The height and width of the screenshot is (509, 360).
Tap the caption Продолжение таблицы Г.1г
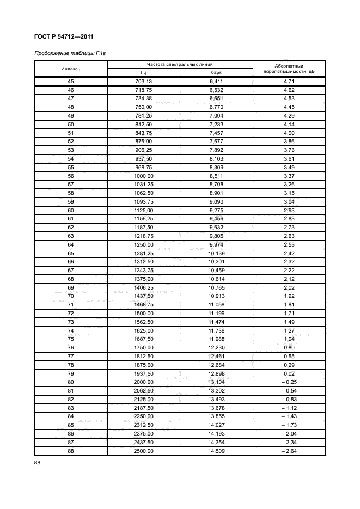tap(69, 53)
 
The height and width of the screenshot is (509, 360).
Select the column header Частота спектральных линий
tap(180, 64)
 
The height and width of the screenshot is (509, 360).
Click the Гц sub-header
tap(143, 72)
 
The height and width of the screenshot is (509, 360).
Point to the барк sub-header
tap(216, 72)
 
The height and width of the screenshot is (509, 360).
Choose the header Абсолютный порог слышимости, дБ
tap(289, 68)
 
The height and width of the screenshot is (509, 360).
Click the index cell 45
tap(70, 82)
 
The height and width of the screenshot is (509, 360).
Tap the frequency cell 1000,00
tap(143, 176)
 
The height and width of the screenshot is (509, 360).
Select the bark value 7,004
tap(216, 116)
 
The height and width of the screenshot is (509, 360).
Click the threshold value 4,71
tap(289, 82)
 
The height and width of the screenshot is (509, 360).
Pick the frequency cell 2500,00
tap(143, 451)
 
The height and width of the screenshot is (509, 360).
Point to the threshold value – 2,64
tap(289, 451)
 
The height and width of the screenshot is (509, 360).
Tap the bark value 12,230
tap(216, 348)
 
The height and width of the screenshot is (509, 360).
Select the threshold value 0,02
tap(289, 374)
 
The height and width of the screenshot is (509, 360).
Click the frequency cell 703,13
tap(143, 82)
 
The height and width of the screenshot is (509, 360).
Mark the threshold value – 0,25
tap(289, 383)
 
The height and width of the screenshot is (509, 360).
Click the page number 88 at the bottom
tap(38, 462)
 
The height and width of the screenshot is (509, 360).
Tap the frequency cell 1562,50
tap(143, 322)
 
